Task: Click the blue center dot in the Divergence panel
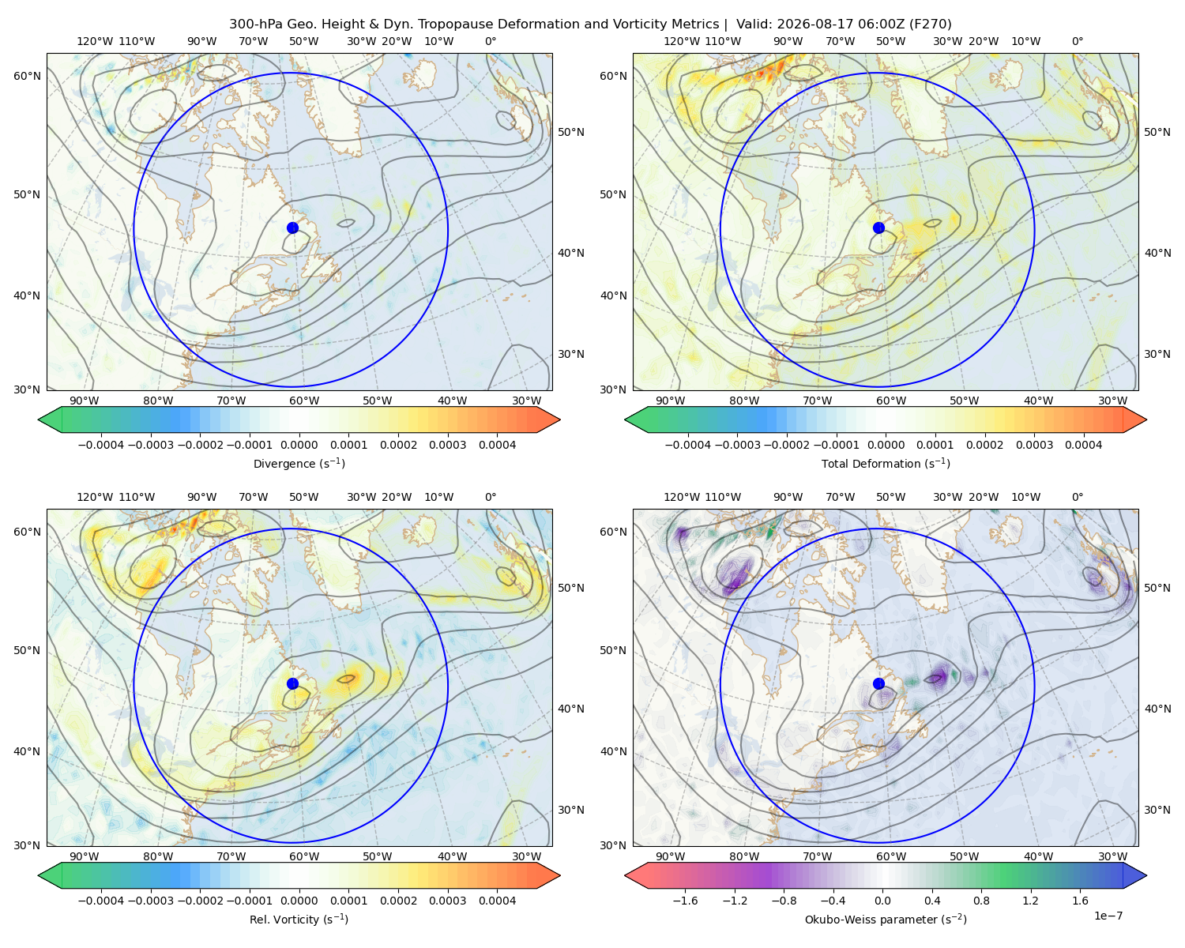click(x=292, y=228)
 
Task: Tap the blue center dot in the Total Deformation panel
click(x=878, y=228)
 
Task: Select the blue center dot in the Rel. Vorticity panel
click(x=292, y=683)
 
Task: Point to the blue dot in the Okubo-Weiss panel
click(x=878, y=683)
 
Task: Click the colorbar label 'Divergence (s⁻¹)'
click(x=299, y=463)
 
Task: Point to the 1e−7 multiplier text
click(x=1108, y=915)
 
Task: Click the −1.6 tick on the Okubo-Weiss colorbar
click(x=686, y=900)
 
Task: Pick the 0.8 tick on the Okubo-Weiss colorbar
click(x=981, y=900)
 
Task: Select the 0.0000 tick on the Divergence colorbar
click(x=299, y=445)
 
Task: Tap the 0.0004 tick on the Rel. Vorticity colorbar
click(x=497, y=900)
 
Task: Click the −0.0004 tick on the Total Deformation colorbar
click(x=688, y=445)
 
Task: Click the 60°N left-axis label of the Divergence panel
click(x=27, y=76)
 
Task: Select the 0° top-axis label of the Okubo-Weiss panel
click(x=1077, y=497)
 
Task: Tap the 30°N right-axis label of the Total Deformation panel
click(x=1157, y=354)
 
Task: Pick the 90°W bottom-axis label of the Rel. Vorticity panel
click(x=85, y=856)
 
